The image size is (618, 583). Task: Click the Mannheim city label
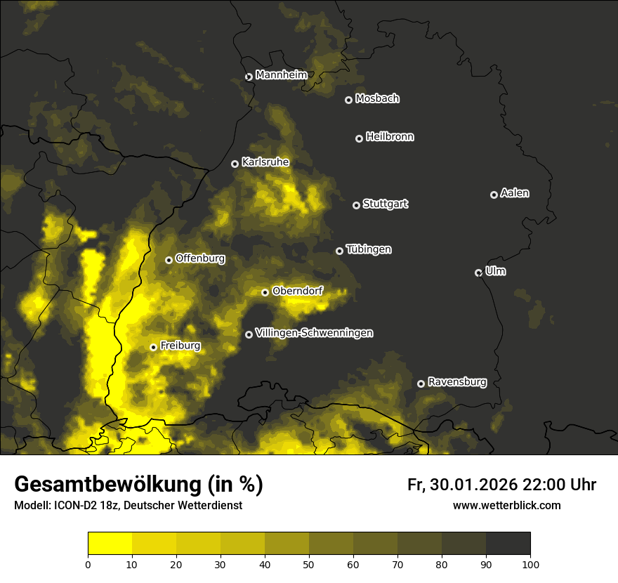(282, 75)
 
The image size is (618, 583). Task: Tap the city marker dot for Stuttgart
(356, 205)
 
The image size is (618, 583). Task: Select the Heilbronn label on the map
(390, 137)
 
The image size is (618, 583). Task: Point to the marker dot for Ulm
(478, 273)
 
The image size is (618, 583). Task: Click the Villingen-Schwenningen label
(314, 333)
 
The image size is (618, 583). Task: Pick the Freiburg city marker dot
(153, 347)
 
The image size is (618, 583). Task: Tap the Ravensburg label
(457, 382)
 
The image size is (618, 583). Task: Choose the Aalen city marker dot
(494, 195)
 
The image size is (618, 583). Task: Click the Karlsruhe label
(265, 162)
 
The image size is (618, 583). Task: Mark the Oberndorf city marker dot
(265, 292)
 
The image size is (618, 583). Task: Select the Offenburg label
(200, 258)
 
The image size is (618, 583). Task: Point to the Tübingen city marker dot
(339, 251)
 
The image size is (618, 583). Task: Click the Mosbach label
(377, 99)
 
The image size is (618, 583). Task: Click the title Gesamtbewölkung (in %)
(138, 485)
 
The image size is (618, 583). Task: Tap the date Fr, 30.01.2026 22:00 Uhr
(501, 485)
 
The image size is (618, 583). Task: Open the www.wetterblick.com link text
(506, 506)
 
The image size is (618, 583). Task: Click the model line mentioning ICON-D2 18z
(128, 506)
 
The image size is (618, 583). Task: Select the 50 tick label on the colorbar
(309, 563)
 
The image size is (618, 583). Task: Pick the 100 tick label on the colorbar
(530, 563)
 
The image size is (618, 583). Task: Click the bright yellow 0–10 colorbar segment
(110, 543)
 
